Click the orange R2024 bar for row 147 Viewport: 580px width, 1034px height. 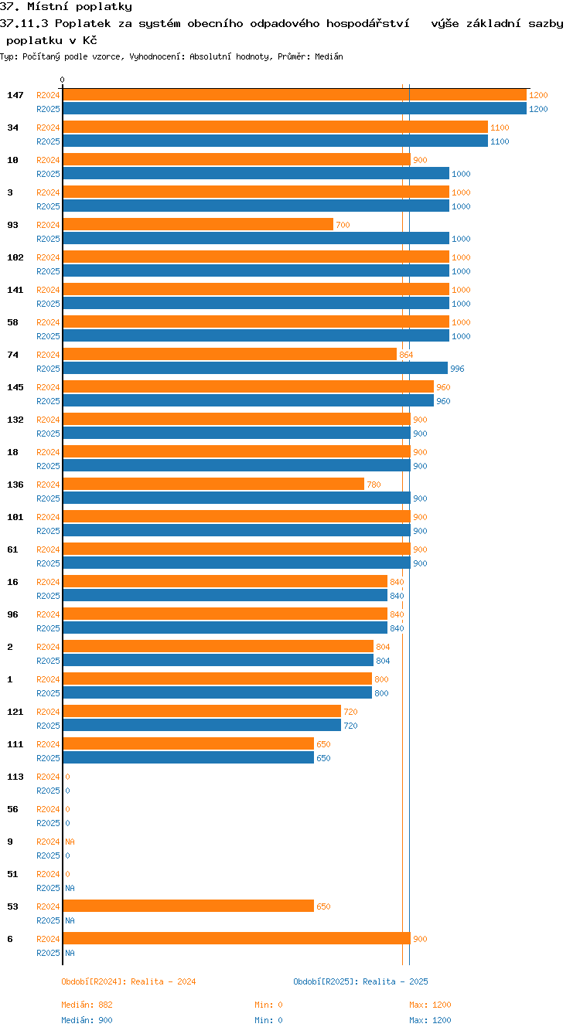pos(294,95)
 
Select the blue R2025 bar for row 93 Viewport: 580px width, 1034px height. pos(255,239)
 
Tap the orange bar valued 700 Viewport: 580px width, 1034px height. pos(197,225)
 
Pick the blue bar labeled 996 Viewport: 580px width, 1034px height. pos(254,369)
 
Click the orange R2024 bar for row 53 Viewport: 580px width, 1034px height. pos(188,906)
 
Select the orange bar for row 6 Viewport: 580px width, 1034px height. pos(236,939)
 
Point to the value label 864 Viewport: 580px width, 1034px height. pos(406,355)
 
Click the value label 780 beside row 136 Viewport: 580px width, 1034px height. pos(374,485)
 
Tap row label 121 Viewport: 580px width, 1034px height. pos(15,712)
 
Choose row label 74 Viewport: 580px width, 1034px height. pos(12,355)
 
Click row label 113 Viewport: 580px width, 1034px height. pos(15,777)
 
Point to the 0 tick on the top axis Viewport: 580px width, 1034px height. pos(63,80)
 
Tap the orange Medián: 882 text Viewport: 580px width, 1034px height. pos(87,1005)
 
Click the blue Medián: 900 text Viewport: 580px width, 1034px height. pos(87,1020)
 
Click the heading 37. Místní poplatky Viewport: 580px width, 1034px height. pos(66,7)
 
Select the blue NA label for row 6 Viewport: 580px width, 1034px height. pos(70,953)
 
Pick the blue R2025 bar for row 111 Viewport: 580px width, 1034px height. pos(188,758)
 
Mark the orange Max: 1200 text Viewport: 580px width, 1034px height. pos(430,1005)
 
